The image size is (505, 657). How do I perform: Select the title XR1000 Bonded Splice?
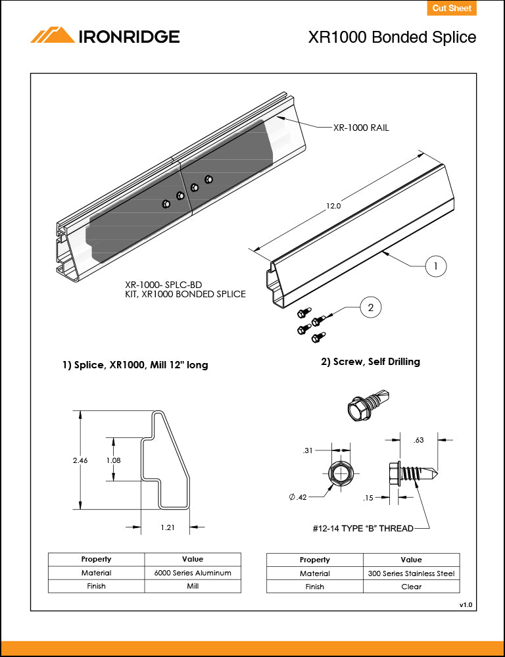tap(392, 37)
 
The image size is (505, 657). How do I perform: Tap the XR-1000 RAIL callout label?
tap(361, 128)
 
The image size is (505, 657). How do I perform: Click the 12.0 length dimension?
tap(333, 206)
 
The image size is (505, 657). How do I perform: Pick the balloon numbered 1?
tap(435, 266)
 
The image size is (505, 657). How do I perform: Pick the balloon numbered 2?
tap(371, 307)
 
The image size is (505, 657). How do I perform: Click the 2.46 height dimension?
tap(80, 460)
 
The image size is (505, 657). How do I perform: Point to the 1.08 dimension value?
tap(113, 460)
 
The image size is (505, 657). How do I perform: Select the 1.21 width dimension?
tap(167, 527)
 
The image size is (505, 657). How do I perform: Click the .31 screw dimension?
tap(307, 450)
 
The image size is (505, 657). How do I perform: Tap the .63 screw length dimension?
tap(419, 440)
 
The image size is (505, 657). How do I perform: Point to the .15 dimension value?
tap(370, 498)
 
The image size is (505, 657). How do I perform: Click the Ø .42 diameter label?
tap(298, 497)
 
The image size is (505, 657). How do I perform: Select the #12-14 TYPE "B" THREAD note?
tap(363, 528)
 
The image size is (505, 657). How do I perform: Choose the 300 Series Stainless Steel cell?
tap(411, 573)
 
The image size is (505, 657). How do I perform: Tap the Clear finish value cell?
tap(411, 587)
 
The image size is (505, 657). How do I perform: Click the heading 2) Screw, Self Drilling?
tap(370, 362)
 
